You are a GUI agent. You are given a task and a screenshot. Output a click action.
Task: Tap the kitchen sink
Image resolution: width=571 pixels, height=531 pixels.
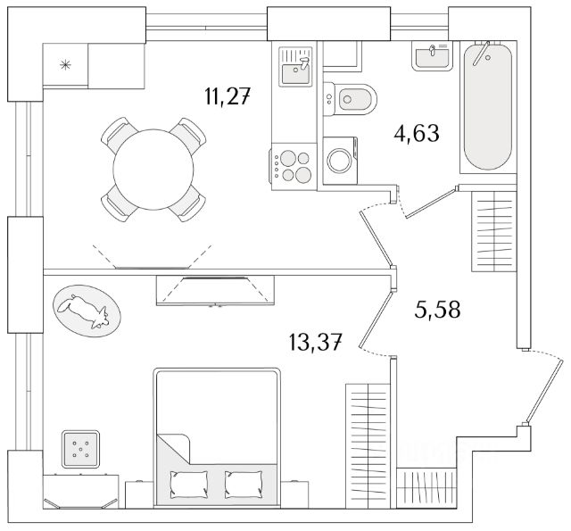click(x=294, y=67)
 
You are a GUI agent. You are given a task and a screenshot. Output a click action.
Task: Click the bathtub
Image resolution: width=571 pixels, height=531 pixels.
click(x=487, y=107)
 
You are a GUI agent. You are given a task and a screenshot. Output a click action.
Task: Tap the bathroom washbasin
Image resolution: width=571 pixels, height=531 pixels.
click(x=434, y=55)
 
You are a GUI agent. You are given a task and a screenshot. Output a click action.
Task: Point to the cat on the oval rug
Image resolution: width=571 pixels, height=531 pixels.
click(x=83, y=309)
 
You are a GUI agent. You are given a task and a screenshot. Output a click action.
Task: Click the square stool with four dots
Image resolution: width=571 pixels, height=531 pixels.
click(x=81, y=449)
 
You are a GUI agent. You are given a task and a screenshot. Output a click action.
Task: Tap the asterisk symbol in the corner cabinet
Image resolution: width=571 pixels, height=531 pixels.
click(x=63, y=63)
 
